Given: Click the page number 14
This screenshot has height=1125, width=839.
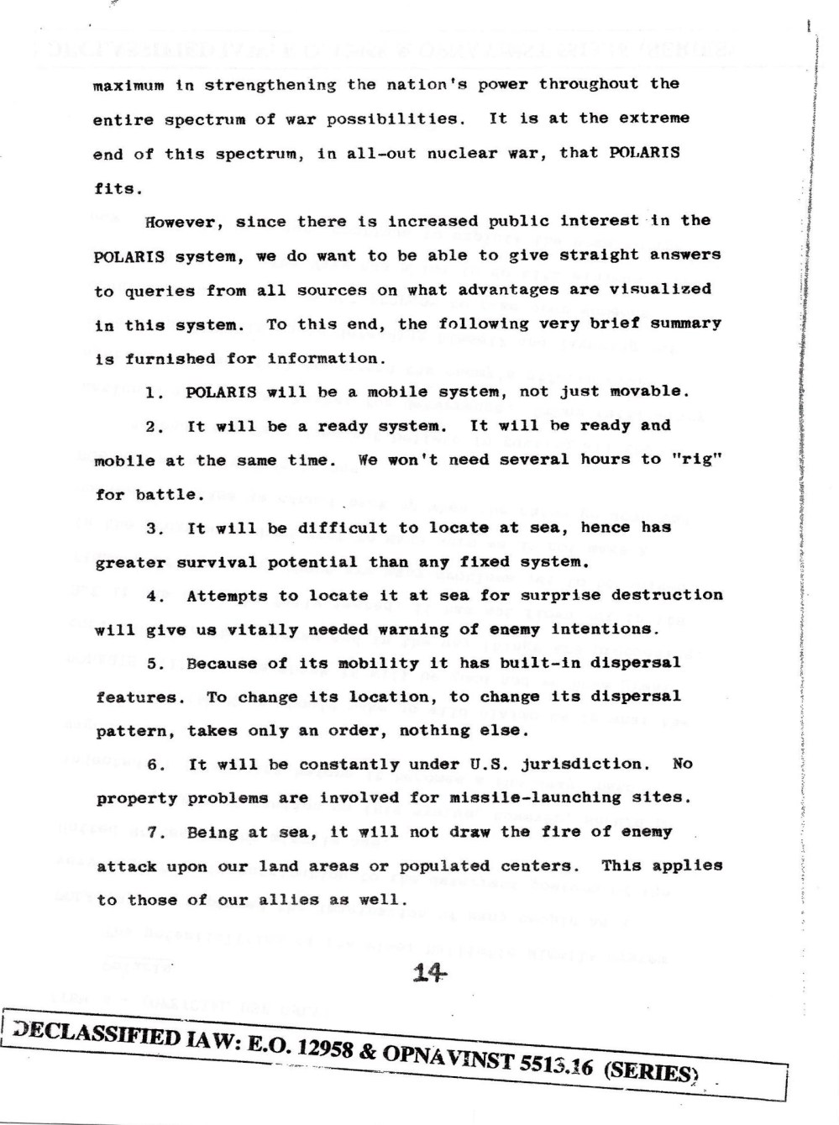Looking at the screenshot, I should (x=429, y=973).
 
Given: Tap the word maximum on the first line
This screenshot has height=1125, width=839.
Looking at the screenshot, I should (x=128, y=85).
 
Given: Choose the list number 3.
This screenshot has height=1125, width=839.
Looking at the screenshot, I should (x=153, y=528).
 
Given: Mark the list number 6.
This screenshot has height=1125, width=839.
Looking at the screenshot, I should (x=154, y=765).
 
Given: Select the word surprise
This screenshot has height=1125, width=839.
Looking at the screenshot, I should (x=539, y=595).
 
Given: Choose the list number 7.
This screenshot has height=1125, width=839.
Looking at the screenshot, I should (x=153, y=833).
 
